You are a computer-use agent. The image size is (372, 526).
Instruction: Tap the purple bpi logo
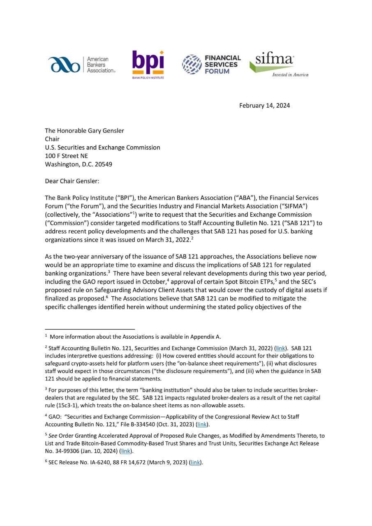tap(148, 64)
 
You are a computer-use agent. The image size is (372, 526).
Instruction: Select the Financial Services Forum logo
tap(212, 65)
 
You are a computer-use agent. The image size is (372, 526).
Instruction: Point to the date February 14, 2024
tap(264, 106)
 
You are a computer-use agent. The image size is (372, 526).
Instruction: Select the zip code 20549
tap(102, 164)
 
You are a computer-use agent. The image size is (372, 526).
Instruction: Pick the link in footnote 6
tap(195, 462)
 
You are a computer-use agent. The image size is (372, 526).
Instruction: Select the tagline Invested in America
tap(290, 75)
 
